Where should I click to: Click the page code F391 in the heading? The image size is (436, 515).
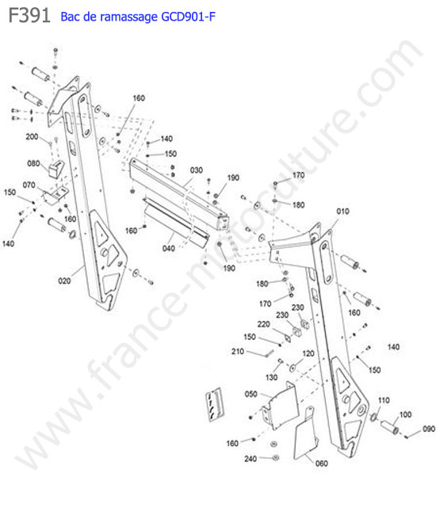point(29,15)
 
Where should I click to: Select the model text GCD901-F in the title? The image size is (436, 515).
point(188,16)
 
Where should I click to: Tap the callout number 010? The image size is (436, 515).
point(342,212)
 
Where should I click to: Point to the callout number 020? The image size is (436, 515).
point(64,280)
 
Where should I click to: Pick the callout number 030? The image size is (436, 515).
point(197,170)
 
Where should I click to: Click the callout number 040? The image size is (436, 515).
point(169,248)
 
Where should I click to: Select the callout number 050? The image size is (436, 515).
point(251,394)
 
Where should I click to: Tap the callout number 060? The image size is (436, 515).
point(321,463)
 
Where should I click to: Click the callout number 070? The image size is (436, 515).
point(29,185)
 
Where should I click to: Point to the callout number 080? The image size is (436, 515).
point(33,163)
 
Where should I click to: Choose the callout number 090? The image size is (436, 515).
point(429,429)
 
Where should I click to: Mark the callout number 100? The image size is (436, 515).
point(405,414)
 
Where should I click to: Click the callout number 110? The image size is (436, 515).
point(384,400)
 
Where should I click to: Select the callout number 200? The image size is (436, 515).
point(32,136)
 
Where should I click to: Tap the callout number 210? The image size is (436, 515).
point(238,352)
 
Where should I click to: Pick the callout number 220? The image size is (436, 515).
point(263,324)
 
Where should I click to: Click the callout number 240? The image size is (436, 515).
point(251,459)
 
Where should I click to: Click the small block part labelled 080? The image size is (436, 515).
point(55,169)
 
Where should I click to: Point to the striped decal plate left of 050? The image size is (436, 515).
point(215,405)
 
